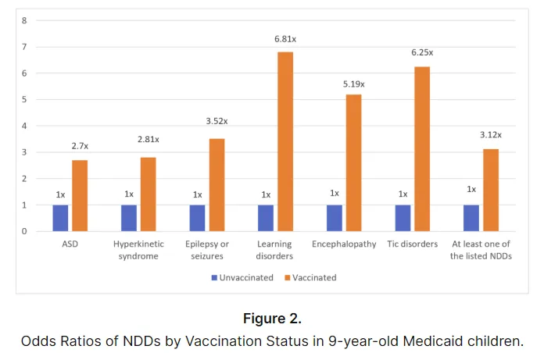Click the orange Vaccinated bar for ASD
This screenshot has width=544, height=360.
pos(80,195)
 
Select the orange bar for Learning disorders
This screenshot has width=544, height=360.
pos(285,141)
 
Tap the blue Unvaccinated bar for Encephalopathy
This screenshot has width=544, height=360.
pos(335,218)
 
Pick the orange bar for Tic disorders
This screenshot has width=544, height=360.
pos(422,148)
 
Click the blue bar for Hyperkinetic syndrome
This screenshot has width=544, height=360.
pos(129,218)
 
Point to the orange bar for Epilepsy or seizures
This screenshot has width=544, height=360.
pos(217,184)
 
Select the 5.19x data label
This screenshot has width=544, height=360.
pos(353,84)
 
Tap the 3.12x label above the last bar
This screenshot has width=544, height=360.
pos(490,134)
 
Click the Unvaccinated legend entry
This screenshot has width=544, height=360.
pos(242,276)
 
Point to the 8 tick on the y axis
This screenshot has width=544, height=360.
pos(24,20)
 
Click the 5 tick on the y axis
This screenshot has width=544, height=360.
pos(24,99)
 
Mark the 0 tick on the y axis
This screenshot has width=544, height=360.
pos(24,231)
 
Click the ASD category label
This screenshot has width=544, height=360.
pos(70,244)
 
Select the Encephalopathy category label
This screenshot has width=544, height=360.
pos(344,244)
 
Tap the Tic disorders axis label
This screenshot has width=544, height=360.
pos(413,244)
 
